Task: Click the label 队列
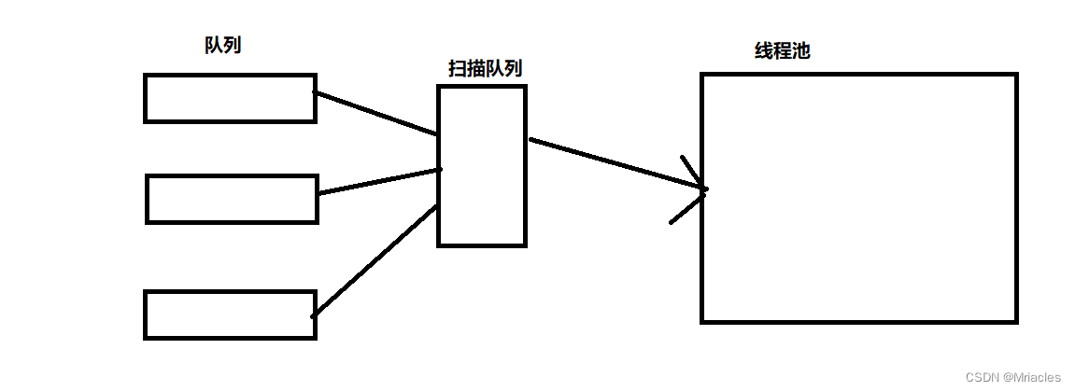click(x=222, y=45)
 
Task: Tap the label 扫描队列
click(x=485, y=69)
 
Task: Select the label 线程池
click(x=782, y=51)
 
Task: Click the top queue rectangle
click(x=230, y=98)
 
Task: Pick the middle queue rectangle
click(x=232, y=199)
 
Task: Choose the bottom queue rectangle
click(x=230, y=314)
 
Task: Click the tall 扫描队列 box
click(x=482, y=166)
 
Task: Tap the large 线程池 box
click(x=858, y=198)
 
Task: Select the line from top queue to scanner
click(x=375, y=113)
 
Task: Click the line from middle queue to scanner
click(x=379, y=181)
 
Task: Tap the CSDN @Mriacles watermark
click(x=1012, y=377)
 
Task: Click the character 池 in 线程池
click(x=800, y=51)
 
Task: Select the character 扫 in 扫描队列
click(x=458, y=69)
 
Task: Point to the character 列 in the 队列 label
click(x=233, y=45)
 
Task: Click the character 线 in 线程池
click(x=764, y=51)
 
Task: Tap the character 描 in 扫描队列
click(x=476, y=69)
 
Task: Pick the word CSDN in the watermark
click(x=982, y=377)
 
